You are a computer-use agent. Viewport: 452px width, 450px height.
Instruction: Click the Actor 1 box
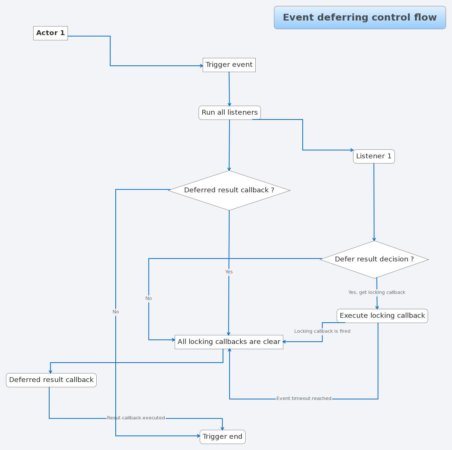point(50,33)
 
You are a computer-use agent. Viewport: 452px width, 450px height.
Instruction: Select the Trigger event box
point(229,65)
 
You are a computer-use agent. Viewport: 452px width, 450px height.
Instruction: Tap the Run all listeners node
point(230,112)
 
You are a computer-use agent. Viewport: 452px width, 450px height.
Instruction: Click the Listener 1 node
point(374,156)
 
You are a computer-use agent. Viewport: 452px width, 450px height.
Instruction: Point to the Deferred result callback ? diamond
point(229,190)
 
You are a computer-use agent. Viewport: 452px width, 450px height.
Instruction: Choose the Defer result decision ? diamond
point(374,259)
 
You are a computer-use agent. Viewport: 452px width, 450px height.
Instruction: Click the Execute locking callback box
point(382,316)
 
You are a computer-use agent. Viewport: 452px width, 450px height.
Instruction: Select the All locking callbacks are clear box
point(229,342)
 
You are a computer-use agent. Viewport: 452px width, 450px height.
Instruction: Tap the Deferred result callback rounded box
point(51,380)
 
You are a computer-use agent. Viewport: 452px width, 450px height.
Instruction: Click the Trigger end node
point(222,437)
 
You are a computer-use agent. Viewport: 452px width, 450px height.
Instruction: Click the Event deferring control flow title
point(360,18)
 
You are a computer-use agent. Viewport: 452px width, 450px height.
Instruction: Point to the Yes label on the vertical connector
point(229,272)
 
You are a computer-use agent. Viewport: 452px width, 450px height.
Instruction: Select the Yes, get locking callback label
point(377,292)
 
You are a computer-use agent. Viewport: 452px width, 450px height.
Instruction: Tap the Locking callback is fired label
point(322,331)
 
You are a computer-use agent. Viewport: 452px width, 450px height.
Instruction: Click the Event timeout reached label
point(304,398)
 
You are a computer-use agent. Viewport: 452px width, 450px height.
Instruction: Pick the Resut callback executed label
point(136,418)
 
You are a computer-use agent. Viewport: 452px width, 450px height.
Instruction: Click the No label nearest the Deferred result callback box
point(116,312)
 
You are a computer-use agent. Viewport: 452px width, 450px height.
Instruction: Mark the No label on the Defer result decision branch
point(149,298)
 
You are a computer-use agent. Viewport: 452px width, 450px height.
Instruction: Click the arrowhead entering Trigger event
point(201,66)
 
